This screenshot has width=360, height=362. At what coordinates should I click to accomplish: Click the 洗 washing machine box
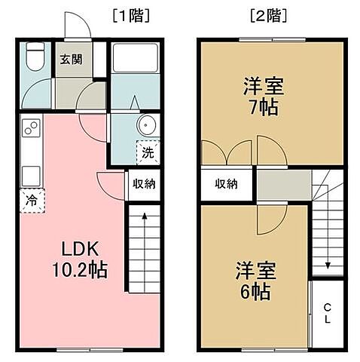pyautogui.click(x=147, y=152)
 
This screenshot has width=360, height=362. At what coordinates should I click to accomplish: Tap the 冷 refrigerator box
pyautogui.click(x=32, y=201)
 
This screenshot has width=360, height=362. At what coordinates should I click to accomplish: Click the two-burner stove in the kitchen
pyautogui.click(x=32, y=129)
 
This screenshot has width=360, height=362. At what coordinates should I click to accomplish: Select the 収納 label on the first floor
pyautogui.click(x=144, y=183)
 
